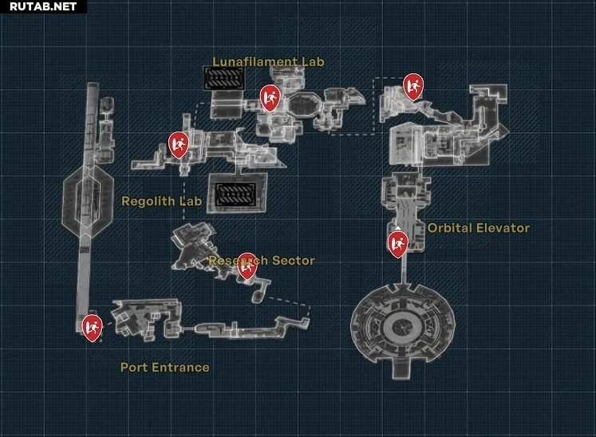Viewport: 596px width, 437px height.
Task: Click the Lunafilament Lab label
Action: [x=268, y=61]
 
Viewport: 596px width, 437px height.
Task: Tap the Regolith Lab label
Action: [x=161, y=201]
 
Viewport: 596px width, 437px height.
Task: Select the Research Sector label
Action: [x=262, y=260]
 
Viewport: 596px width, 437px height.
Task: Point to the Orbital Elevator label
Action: [x=479, y=228]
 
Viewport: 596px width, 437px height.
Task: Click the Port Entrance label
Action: [x=165, y=368]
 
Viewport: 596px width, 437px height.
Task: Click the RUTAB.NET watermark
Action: [x=43, y=6]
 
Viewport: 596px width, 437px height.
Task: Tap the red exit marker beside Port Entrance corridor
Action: [x=92, y=328]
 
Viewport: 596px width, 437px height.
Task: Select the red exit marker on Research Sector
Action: [x=247, y=266]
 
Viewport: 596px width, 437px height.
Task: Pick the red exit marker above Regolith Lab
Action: [x=178, y=145]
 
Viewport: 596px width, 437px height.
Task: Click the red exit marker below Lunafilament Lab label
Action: [x=270, y=98]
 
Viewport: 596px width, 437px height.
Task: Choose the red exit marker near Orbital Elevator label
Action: [x=398, y=245]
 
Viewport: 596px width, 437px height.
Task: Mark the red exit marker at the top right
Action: [x=413, y=87]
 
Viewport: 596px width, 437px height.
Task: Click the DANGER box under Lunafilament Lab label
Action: [x=224, y=78]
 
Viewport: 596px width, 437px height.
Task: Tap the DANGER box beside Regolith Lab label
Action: [x=235, y=195]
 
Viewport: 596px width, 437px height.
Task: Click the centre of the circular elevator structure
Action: [x=401, y=326]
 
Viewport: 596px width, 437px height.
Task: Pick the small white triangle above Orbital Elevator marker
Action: [x=397, y=227]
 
